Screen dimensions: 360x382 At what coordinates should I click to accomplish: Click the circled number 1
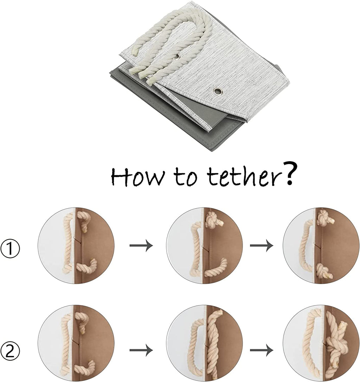(10, 249)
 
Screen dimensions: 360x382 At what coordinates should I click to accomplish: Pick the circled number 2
(10, 351)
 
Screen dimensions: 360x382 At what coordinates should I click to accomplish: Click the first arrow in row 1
(141, 245)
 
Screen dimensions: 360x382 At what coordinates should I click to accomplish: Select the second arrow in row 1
(262, 245)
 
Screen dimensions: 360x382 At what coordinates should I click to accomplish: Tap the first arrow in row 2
(141, 350)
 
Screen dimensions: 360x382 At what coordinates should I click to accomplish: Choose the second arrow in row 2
(262, 350)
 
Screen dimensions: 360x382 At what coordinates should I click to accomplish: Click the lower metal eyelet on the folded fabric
(218, 91)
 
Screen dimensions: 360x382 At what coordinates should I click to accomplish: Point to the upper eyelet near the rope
(176, 57)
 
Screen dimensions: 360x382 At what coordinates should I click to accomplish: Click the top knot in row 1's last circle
(324, 218)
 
